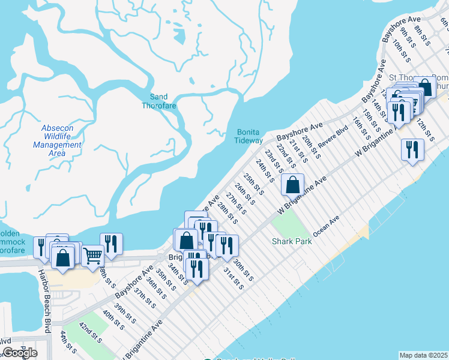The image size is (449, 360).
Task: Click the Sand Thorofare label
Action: [x=159, y=101]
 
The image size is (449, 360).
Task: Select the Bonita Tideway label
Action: [x=249, y=136]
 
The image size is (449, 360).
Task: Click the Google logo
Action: [x=20, y=353]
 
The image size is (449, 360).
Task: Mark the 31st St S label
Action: [x=234, y=278]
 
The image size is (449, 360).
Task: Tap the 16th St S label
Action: [x=361, y=127]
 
